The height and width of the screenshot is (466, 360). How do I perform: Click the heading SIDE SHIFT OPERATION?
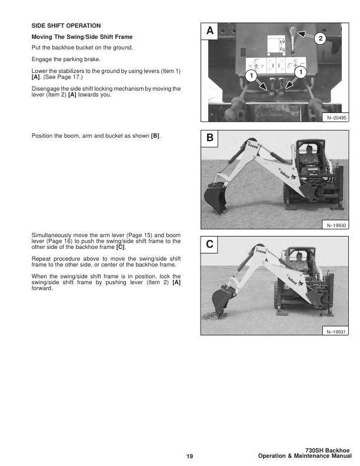pyautogui.click(x=66, y=26)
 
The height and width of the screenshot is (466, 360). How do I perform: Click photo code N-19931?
pyautogui.click(x=336, y=332)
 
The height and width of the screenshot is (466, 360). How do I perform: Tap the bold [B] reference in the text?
pyautogui.click(x=155, y=136)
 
